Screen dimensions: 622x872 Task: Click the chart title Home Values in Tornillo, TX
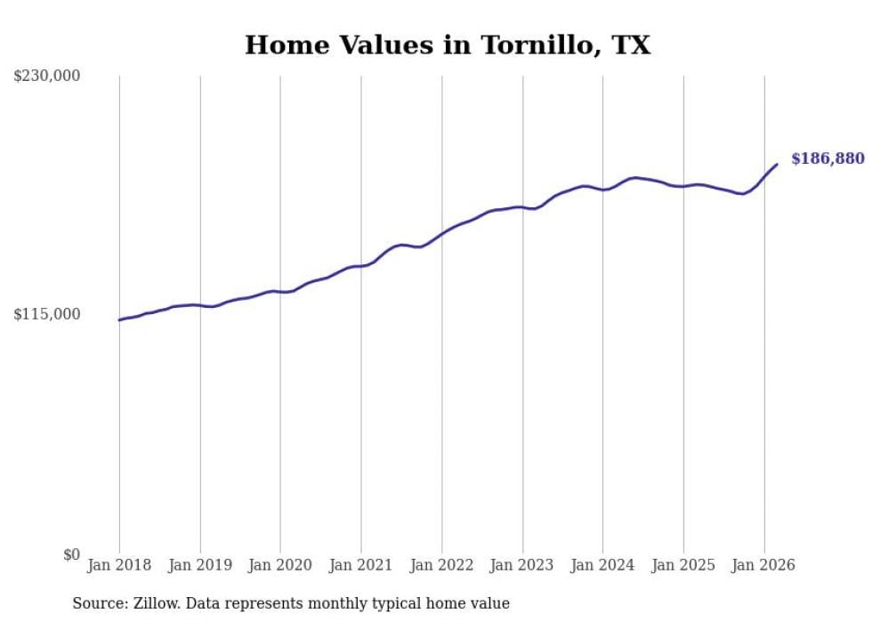pos(448,44)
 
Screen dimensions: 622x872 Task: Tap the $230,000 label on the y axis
pos(47,77)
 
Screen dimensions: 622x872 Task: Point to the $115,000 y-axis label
pos(47,314)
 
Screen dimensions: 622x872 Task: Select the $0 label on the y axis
pos(71,554)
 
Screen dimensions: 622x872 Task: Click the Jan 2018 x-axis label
pos(119,565)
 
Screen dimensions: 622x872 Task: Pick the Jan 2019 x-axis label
pos(200,565)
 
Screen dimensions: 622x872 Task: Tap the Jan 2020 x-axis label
pos(280,565)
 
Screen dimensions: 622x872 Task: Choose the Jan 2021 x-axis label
pos(361,565)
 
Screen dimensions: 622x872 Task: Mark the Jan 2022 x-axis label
pos(442,565)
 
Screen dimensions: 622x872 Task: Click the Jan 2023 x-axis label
pos(522,565)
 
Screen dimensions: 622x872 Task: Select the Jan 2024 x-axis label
pos(602,565)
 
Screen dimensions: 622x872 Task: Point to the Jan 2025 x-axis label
pos(683,565)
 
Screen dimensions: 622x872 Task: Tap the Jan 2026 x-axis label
pos(763,565)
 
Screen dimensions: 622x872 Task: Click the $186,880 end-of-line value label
pos(828,159)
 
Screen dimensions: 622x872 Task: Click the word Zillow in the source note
pos(149,603)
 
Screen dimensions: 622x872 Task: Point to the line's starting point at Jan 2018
pos(119,319)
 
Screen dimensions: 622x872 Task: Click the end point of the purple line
pos(777,164)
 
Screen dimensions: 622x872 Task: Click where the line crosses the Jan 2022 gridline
pos(442,233)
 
